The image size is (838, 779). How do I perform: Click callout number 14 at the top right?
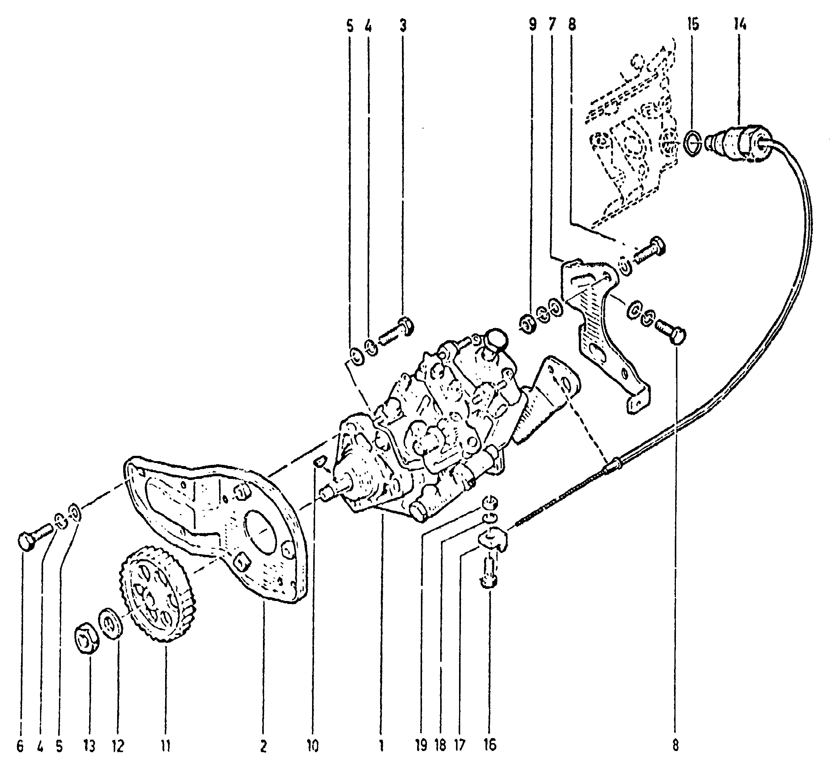point(740,25)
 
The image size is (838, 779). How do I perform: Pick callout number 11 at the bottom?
point(165,746)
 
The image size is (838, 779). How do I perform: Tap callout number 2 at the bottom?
point(263,746)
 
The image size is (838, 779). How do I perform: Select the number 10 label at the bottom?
point(312,746)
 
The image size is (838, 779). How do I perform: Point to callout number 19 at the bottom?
point(421,746)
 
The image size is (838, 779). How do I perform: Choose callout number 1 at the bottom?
point(381,746)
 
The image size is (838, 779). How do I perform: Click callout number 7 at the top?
point(552,25)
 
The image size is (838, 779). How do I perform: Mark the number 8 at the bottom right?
point(676,746)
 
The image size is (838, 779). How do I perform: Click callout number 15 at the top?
point(693,25)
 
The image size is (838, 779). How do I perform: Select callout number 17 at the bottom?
point(460,746)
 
